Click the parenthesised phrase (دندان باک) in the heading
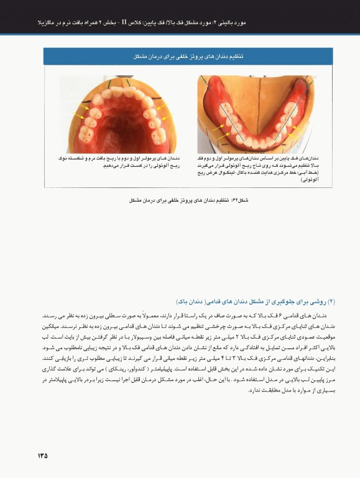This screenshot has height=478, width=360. (195, 301)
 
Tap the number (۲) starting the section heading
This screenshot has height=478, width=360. (331, 301)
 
